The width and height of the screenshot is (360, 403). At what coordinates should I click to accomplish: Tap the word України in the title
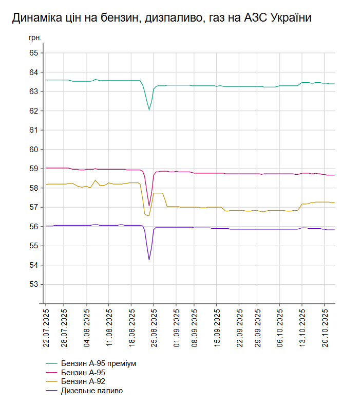tap(288, 18)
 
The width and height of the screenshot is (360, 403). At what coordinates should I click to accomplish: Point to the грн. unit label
tap(34, 38)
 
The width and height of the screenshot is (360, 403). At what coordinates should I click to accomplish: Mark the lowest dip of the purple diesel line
tap(149, 260)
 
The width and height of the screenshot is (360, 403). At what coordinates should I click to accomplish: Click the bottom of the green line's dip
tap(149, 109)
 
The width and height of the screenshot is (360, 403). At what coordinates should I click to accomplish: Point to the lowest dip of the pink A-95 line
tap(149, 206)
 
